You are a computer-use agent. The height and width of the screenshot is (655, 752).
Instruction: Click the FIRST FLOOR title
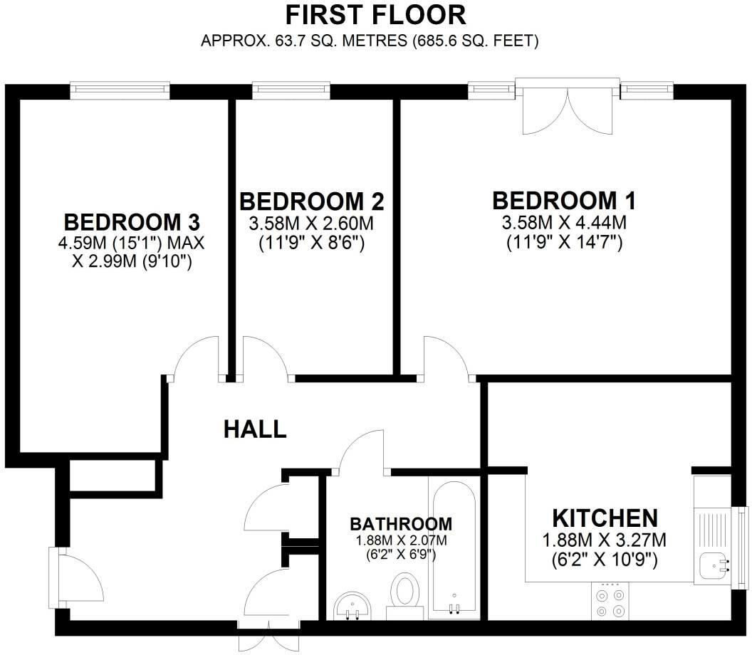tap(375, 14)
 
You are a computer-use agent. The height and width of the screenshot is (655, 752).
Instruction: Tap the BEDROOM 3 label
tap(131, 221)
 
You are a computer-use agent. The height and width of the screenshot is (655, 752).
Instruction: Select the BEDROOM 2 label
tap(311, 201)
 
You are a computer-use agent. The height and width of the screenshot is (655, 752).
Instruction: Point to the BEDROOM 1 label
tap(565, 200)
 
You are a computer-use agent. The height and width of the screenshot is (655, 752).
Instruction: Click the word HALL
tap(255, 429)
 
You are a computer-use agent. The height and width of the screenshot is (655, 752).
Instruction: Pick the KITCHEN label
tap(604, 517)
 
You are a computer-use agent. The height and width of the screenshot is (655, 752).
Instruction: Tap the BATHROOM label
tap(401, 524)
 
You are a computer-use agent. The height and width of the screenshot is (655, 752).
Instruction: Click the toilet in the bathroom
tap(406, 594)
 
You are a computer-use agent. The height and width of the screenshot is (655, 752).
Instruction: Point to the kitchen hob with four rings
tap(609, 600)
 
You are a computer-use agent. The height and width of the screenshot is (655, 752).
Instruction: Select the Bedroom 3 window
tap(120, 89)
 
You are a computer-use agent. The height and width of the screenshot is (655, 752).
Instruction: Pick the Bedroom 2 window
tap(291, 89)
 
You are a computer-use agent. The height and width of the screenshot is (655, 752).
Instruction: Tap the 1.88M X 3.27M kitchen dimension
tap(604, 540)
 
